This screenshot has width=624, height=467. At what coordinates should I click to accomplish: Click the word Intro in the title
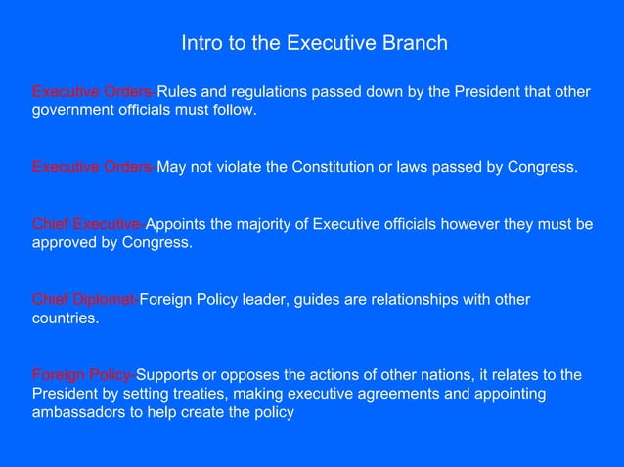click(199, 44)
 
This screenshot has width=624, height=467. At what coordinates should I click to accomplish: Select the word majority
click(276, 224)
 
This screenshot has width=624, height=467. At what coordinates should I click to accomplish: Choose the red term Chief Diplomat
click(85, 299)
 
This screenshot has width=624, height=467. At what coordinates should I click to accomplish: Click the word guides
click(316, 299)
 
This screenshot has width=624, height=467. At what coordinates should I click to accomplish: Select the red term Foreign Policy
click(82, 375)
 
